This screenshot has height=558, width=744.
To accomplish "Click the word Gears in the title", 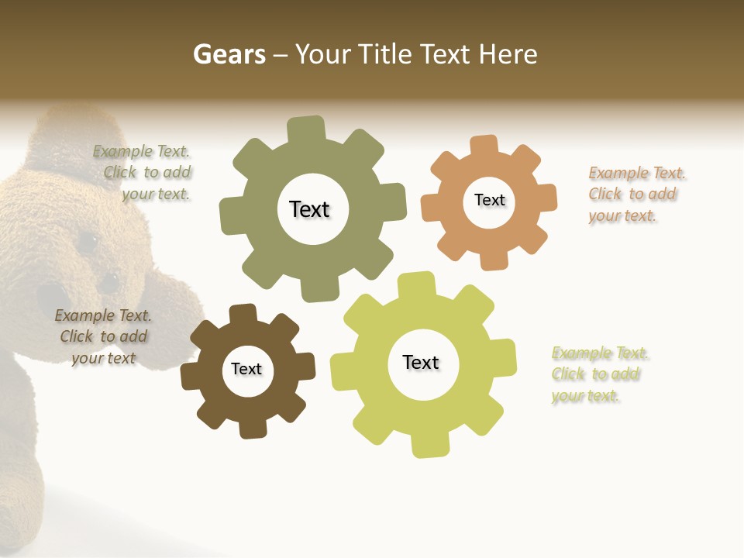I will (x=229, y=55).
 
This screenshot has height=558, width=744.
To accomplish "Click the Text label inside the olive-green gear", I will (x=309, y=209).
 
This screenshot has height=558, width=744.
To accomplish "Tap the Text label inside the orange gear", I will (x=489, y=200).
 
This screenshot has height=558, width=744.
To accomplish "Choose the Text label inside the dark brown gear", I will (x=246, y=369).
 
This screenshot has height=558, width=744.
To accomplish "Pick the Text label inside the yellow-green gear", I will (x=421, y=363).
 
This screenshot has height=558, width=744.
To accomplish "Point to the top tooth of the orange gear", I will (x=484, y=146).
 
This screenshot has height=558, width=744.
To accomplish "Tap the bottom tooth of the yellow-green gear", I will (x=429, y=445).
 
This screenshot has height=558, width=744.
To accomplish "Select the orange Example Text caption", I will (x=635, y=195).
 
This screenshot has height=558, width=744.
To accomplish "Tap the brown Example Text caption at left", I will (x=104, y=336).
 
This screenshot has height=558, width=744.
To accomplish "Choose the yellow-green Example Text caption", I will (x=598, y=374).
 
